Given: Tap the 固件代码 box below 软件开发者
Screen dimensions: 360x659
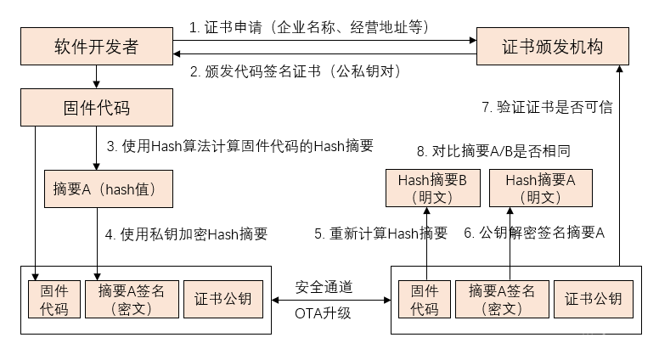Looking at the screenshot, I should (97, 109).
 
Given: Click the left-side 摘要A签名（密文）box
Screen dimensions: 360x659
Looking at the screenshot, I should (131, 299).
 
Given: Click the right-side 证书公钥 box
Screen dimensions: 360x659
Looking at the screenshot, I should (594, 299).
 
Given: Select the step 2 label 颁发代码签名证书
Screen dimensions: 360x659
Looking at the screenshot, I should (303, 71).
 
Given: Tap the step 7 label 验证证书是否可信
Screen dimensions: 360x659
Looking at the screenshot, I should (547, 107).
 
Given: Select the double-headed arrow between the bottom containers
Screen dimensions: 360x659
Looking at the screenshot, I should (329, 300).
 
